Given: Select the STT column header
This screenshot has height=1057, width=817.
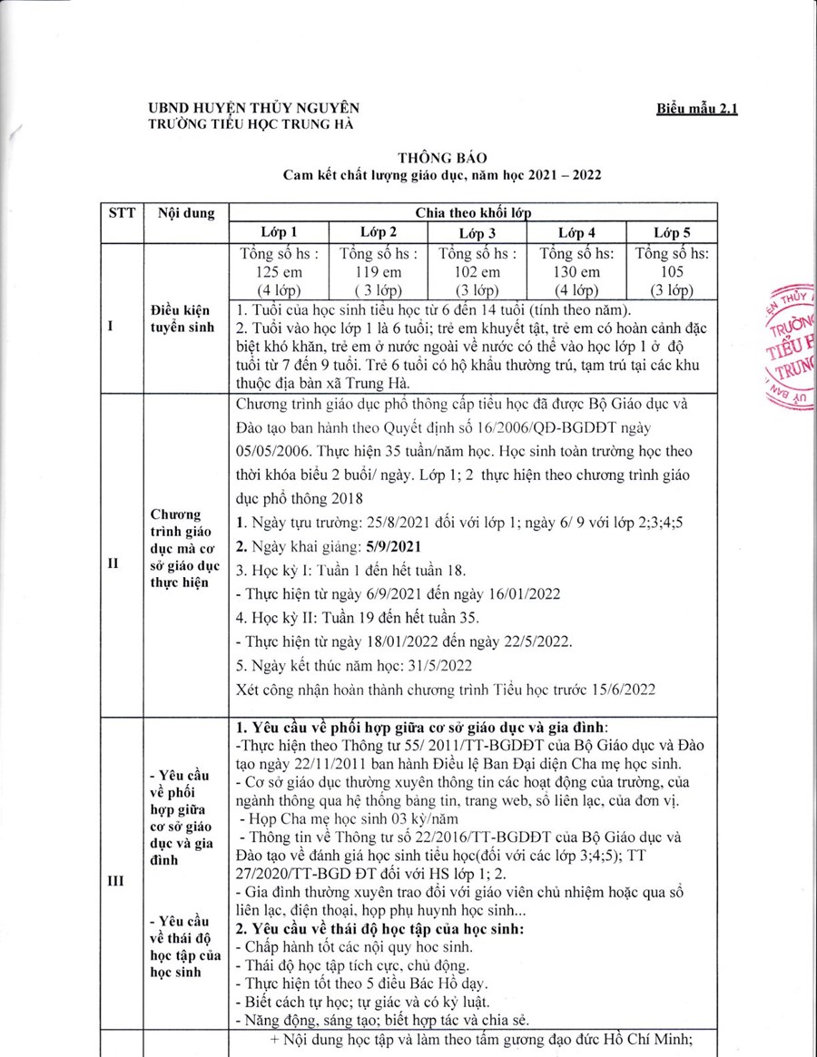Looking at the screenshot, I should point(122,213).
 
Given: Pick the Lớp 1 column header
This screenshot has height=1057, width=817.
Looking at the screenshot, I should point(279,232).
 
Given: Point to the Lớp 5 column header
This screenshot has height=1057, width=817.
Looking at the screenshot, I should point(673,232).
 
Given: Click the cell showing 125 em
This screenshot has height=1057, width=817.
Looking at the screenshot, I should point(279,272).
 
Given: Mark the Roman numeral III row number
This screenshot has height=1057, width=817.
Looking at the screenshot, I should point(116,880).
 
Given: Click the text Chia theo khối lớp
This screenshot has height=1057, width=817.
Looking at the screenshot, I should point(472,213).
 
